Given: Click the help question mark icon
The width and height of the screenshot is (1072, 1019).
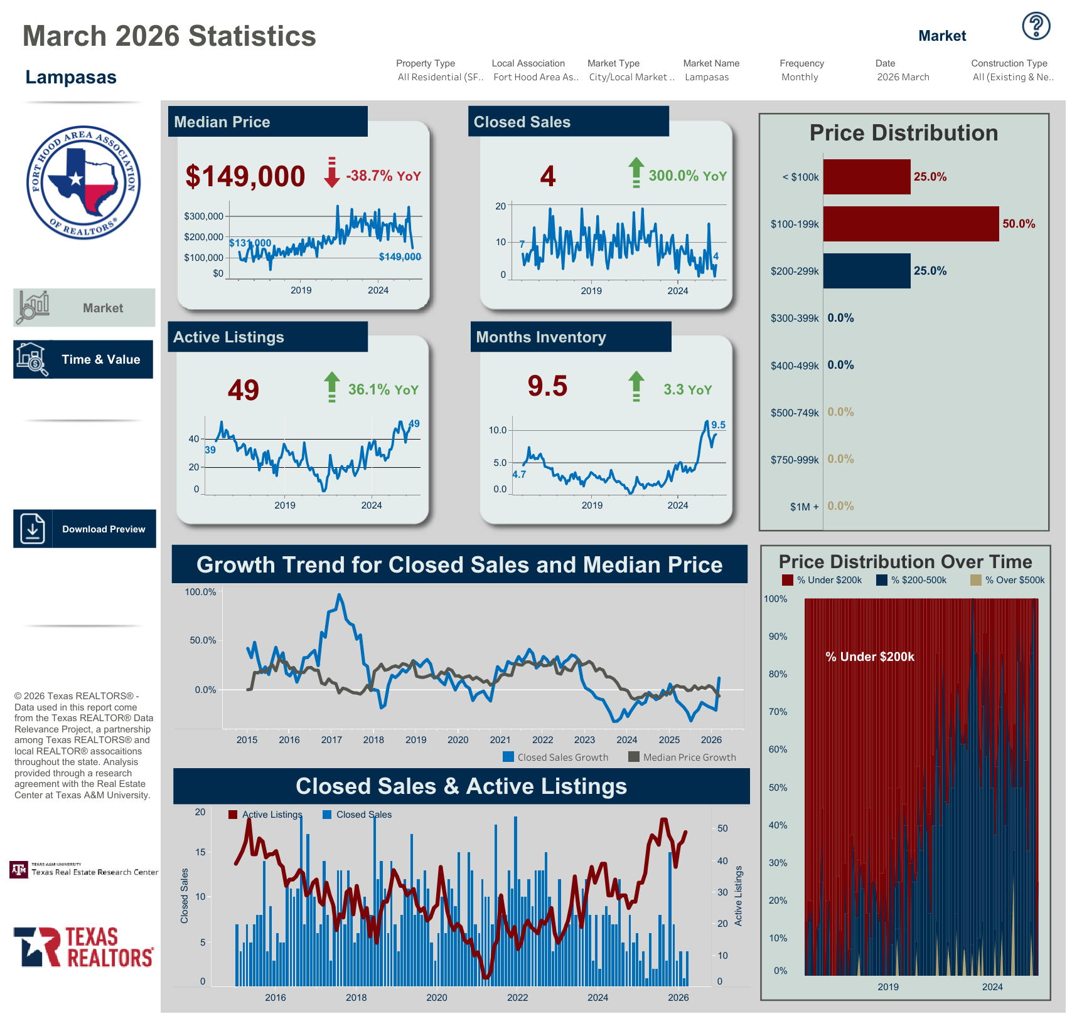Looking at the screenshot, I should [1036, 26].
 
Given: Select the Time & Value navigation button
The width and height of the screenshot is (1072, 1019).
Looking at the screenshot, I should [83, 359].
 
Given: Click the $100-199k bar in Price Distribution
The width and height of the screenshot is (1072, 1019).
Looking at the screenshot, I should [910, 224].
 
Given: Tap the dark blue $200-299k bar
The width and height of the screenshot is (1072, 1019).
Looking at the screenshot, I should [866, 271].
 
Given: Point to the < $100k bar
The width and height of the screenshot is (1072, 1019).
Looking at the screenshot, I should [866, 177].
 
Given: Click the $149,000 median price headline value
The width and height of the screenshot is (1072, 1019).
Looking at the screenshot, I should [245, 176].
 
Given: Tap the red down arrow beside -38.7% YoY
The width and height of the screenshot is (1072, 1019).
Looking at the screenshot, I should [331, 173].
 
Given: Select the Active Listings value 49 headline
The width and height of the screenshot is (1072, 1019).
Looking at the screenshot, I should [244, 390].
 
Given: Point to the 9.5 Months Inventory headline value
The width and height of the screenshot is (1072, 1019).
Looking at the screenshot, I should [547, 386].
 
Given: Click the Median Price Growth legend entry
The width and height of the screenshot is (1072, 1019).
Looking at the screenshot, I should [682, 758].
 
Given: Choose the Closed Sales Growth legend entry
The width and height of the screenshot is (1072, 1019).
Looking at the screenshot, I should [556, 758].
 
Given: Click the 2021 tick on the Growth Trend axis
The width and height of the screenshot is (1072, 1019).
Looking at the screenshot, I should [500, 740].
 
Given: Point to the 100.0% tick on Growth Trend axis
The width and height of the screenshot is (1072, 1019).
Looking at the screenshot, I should [200, 592].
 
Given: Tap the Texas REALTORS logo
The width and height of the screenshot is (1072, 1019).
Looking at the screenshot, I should [83, 947].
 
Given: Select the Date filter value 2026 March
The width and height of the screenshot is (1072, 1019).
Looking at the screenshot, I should [903, 77].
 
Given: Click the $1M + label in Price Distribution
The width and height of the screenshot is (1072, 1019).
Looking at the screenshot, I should [804, 507].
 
